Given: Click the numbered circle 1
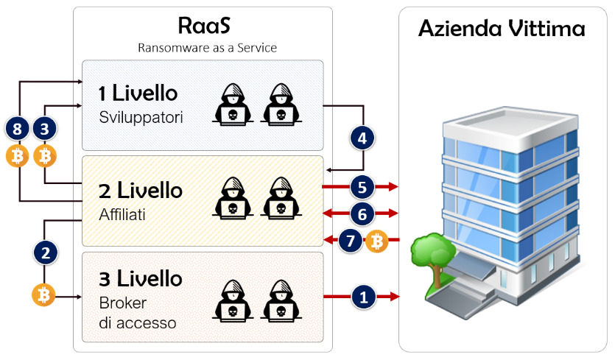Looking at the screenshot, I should (362, 297).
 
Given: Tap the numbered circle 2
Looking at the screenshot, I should (46, 253).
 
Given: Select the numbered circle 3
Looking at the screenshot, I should (46, 130).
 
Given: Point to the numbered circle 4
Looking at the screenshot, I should (361, 137).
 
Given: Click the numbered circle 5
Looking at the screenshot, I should (361, 186).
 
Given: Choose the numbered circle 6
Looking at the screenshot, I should (361, 213).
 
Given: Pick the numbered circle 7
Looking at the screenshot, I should (351, 240).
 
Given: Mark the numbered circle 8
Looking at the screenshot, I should (18, 130).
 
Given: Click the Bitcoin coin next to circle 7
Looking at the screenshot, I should (376, 241).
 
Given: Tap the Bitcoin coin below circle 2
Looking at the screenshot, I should (44, 296).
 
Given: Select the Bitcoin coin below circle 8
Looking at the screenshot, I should (18, 155).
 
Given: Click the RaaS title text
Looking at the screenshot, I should (204, 26).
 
